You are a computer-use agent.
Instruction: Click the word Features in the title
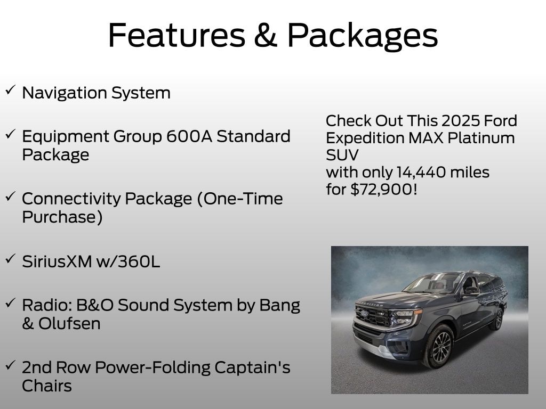pos(177,35)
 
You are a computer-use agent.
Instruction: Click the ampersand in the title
pos(266,35)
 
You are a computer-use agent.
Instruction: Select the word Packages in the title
pos(362,37)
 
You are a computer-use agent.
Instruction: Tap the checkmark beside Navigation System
pos(10,91)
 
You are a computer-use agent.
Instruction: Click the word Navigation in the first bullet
pos(65,93)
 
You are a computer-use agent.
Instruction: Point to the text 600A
pos(189,136)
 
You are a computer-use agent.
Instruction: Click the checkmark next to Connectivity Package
pos(10,197)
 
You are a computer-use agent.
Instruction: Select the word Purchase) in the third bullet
pos(62,217)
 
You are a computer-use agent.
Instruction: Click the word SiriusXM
pos(57,261)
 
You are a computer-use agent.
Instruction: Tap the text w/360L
pos(128,261)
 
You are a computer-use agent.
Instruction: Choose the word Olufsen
pos(69,323)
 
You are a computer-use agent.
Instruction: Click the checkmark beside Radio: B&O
pos(10,302)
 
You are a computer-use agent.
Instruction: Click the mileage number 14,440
pos(421,172)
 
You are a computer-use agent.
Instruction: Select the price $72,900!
pos(383,189)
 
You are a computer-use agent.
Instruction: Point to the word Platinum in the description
pos(481,138)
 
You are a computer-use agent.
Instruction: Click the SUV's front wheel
pos(439,346)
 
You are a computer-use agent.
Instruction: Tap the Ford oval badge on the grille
pos(365,313)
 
